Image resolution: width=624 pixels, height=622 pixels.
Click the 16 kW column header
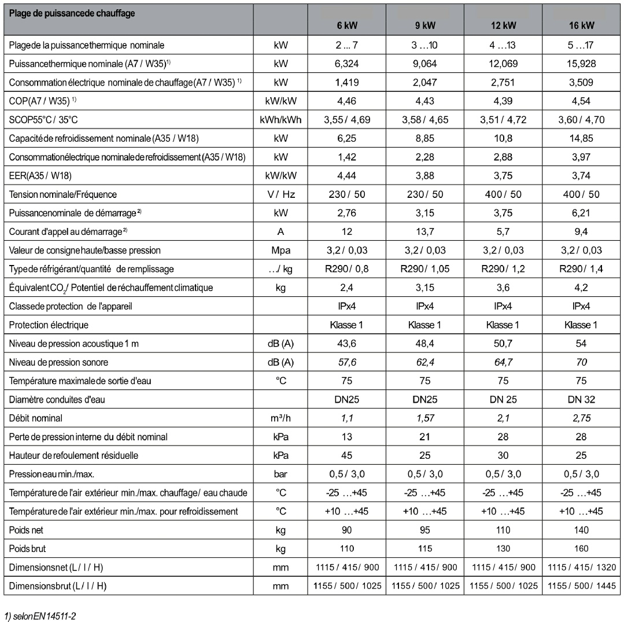pos(581,25)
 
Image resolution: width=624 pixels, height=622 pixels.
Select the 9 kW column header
pos(425,25)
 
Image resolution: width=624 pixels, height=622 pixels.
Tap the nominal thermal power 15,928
pos(581,64)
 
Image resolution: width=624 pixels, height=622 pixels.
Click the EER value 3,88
pos(425,176)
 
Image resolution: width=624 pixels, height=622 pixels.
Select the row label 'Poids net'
pos(26,529)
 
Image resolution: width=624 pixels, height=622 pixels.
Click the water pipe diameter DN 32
pos(581,399)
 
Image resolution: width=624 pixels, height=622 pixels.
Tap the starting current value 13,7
pos(425,231)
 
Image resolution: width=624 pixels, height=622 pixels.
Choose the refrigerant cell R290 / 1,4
pos(581,269)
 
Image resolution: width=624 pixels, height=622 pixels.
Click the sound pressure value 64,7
pos(503,362)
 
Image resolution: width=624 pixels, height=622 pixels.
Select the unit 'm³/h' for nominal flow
pos(280,418)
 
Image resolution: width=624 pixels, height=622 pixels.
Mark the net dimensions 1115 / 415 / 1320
pos(581,567)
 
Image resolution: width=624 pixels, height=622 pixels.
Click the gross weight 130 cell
pos(503,549)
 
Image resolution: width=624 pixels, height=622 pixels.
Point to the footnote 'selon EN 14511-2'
pos(40,616)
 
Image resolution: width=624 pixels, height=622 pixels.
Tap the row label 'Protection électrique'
pos(49,325)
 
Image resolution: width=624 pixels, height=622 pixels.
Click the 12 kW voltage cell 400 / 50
pos(503,194)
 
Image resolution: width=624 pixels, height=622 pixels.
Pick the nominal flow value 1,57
pos(425,418)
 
